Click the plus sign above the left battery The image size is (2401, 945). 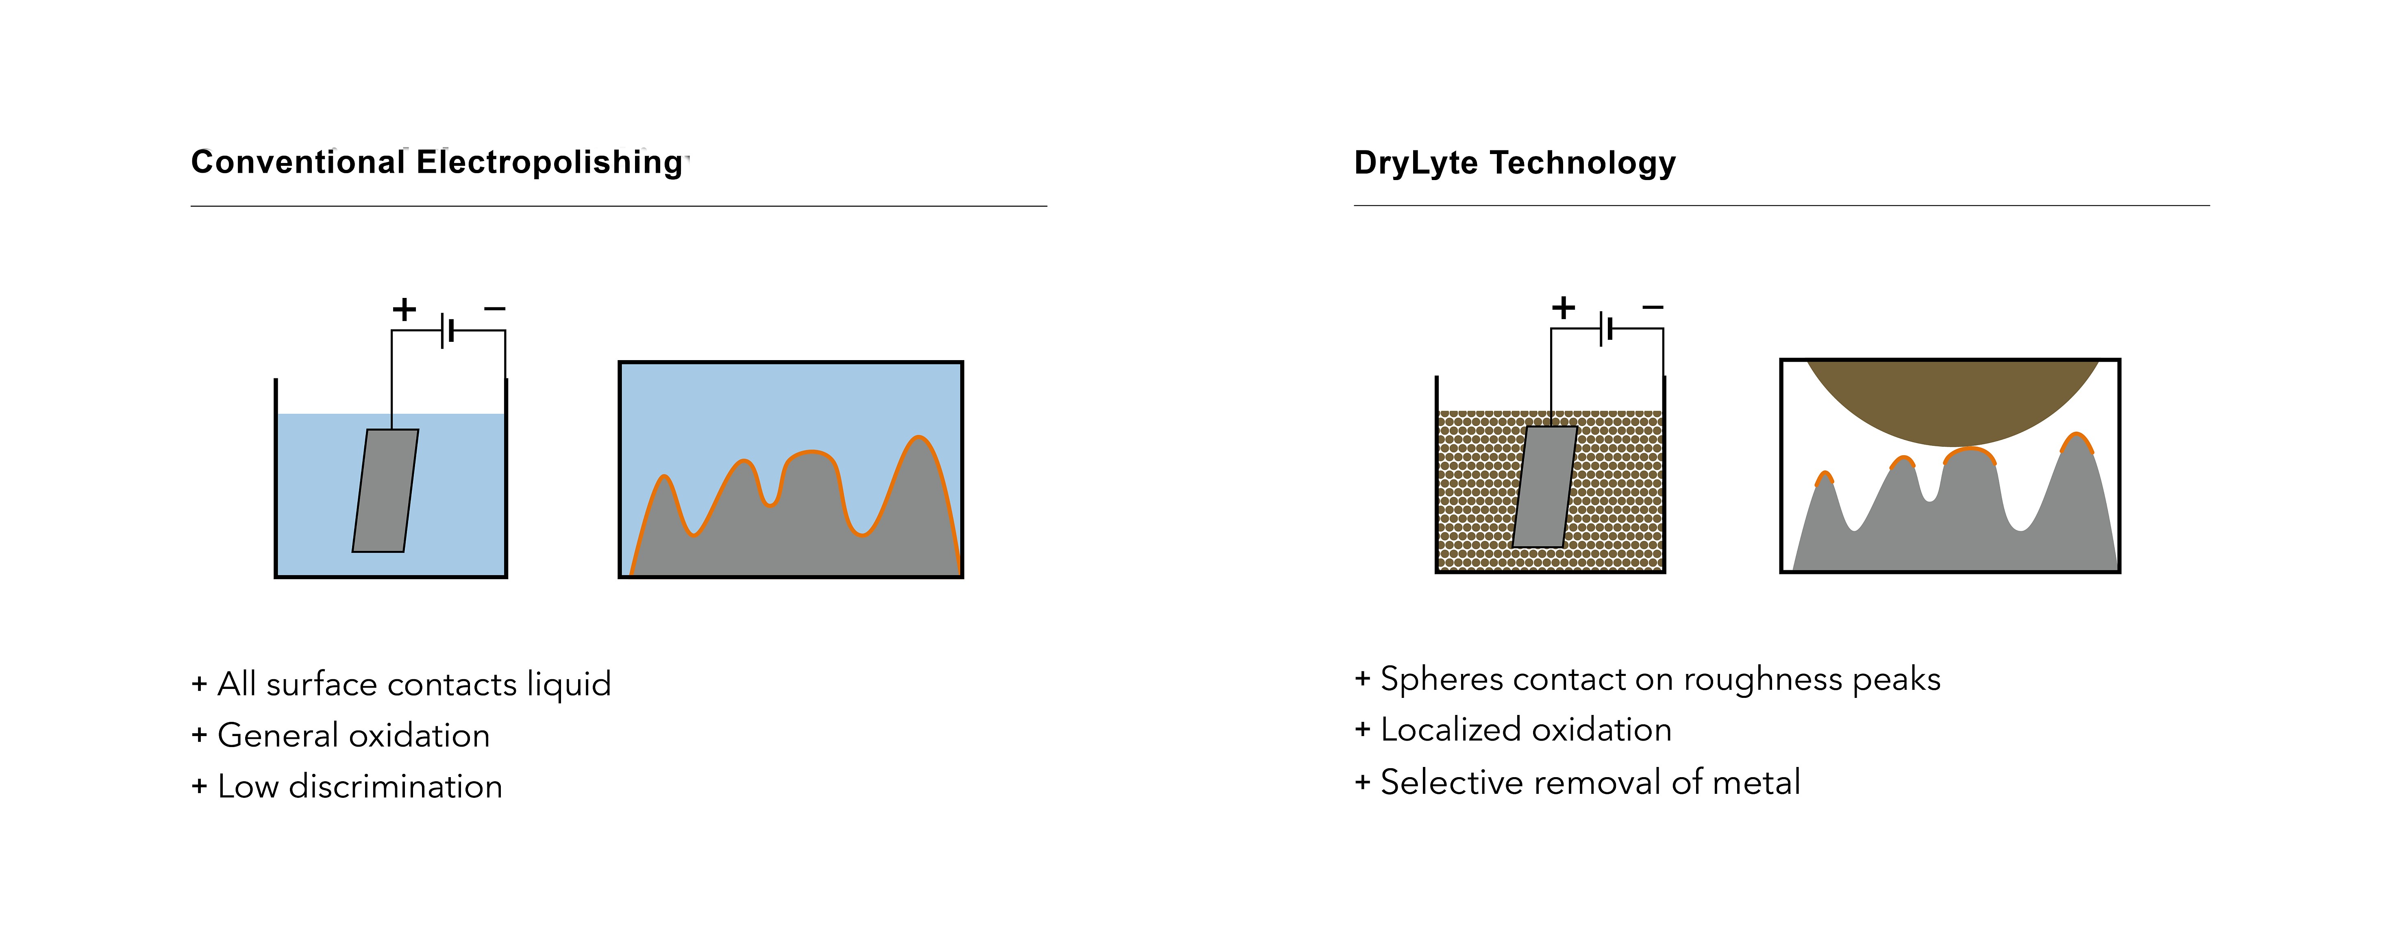pyautogui.click(x=404, y=308)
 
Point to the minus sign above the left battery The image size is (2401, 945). pyautogui.click(x=495, y=308)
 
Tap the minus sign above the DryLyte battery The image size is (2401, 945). pyautogui.click(x=1653, y=306)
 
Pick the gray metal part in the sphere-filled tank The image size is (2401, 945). pyautogui.click(x=1544, y=487)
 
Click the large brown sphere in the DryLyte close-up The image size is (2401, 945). pyautogui.click(x=1953, y=401)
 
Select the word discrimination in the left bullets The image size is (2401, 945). pyautogui.click(x=395, y=786)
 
